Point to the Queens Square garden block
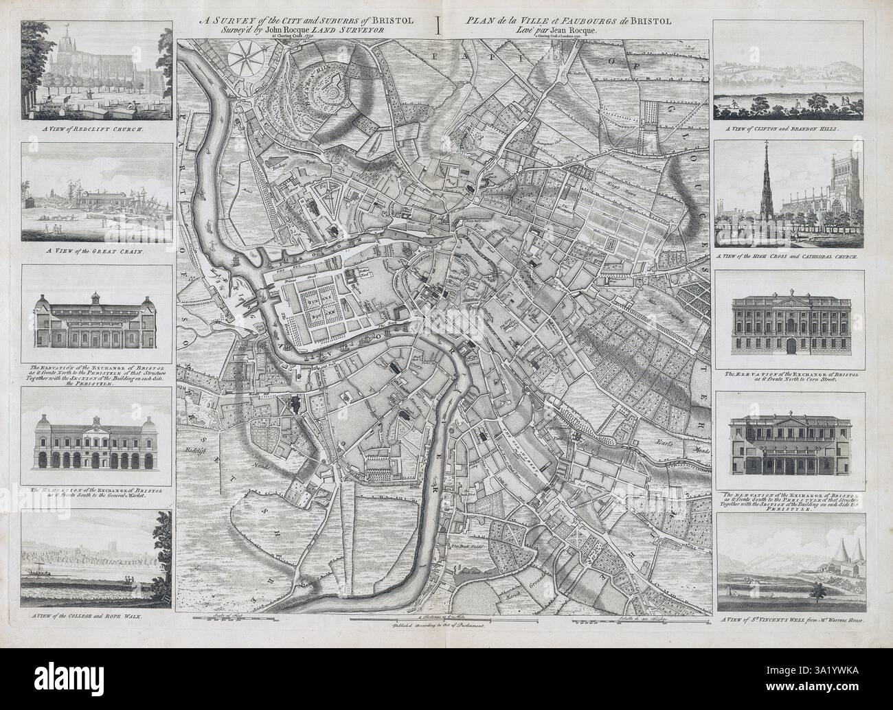[x=321, y=308]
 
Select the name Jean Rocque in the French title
[x=579, y=30]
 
